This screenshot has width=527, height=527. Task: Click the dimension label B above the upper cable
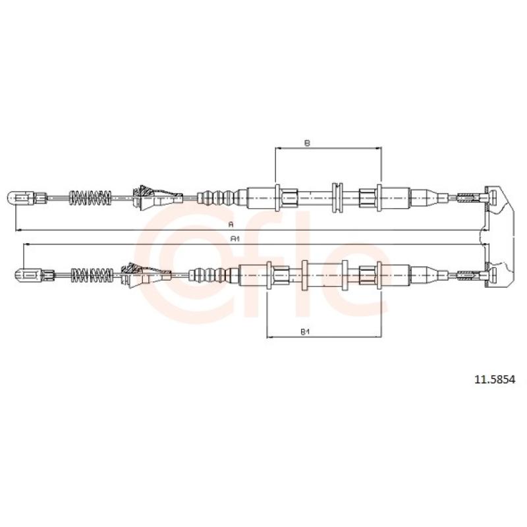pos(307,143)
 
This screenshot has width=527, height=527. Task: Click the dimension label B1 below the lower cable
pos(305,332)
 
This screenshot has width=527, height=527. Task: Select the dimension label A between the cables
pos(231,224)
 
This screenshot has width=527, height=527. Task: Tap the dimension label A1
pos(235,238)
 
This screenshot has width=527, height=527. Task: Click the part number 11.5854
pos(495,380)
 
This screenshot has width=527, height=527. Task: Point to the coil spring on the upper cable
pos(90,198)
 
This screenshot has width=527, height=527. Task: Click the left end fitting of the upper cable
pos(27,198)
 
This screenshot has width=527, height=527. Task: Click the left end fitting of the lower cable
pos(34,275)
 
